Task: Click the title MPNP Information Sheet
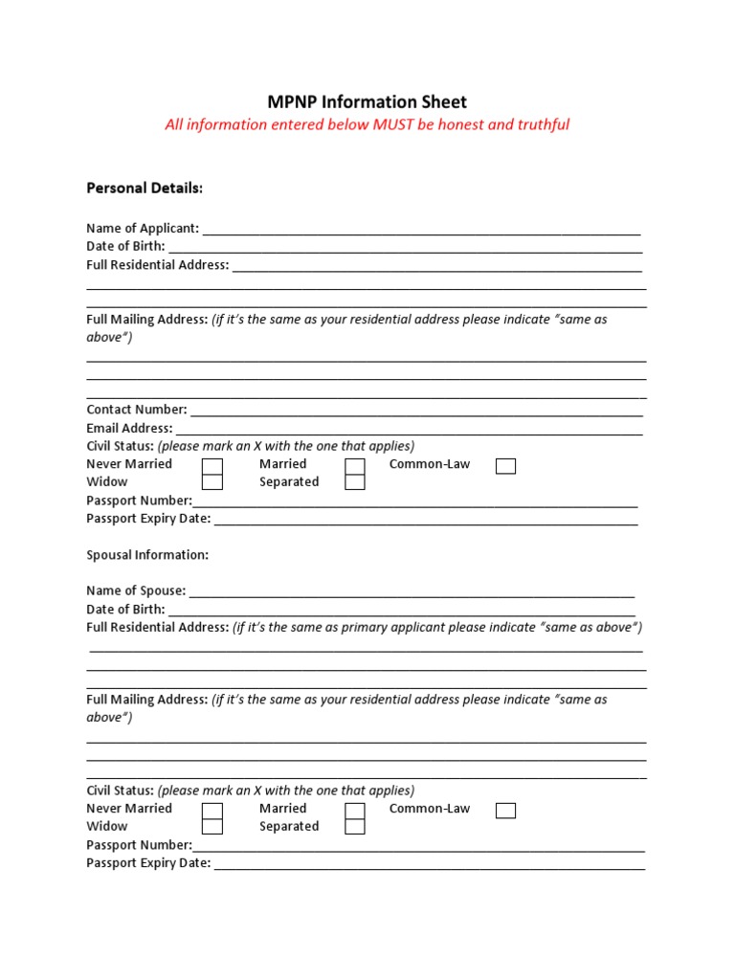[x=367, y=101]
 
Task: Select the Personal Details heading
[x=145, y=189]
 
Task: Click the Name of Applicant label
[x=143, y=228]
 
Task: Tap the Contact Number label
[x=137, y=409]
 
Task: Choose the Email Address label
[x=129, y=428]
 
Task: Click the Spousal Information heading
[x=147, y=555]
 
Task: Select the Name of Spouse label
[x=136, y=590]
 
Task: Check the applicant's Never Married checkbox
[x=212, y=466]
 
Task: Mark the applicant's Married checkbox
[x=355, y=466]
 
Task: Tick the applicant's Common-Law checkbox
[x=505, y=466]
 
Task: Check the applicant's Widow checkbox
[x=212, y=482]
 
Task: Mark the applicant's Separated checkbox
[x=355, y=482]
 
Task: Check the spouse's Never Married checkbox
[x=212, y=811]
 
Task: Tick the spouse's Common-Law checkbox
[x=505, y=811]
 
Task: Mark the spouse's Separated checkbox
[x=355, y=827]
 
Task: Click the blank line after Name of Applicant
[x=421, y=230]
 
